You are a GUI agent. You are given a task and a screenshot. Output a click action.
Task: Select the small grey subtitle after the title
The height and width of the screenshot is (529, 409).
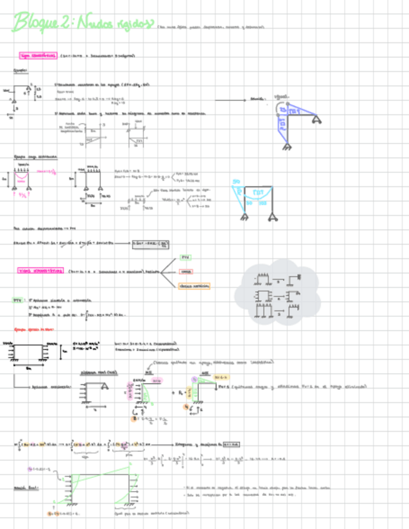click(x=212, y=27)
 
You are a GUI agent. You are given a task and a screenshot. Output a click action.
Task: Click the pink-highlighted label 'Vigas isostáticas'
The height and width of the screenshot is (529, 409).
click(x=38, y=56)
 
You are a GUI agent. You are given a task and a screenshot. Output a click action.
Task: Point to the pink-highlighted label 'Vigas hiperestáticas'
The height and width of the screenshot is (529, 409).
click(x=41, y=271)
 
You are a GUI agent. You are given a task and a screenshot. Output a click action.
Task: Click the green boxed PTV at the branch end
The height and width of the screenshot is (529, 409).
click(x=186, y=257)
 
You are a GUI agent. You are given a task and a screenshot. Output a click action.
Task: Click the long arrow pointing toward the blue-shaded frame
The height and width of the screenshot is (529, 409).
click(x=231, y=99)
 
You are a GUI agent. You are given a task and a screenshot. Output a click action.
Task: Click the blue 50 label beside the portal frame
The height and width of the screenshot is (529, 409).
click(x=236, y=182)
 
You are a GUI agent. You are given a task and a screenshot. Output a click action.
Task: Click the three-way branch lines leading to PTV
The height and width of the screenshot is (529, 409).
click(x=167, y=271)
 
